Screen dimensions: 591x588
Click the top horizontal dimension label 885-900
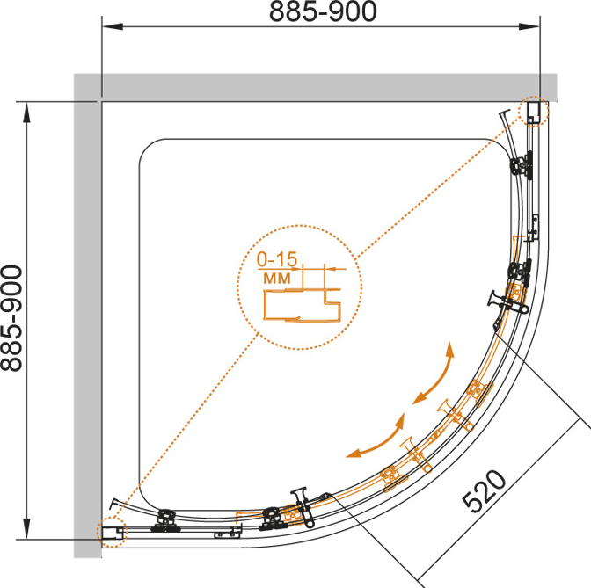[323, 11]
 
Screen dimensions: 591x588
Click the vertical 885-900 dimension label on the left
[11, 318]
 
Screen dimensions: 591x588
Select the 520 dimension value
[485, 491]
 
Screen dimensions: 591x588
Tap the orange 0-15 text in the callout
[277, 259]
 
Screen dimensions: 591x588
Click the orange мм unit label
[277, 278]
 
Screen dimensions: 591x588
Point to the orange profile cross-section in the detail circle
[302, 305]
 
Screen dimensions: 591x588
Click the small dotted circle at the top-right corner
[533, 111]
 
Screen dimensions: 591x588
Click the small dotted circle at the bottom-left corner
[113, 532]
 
